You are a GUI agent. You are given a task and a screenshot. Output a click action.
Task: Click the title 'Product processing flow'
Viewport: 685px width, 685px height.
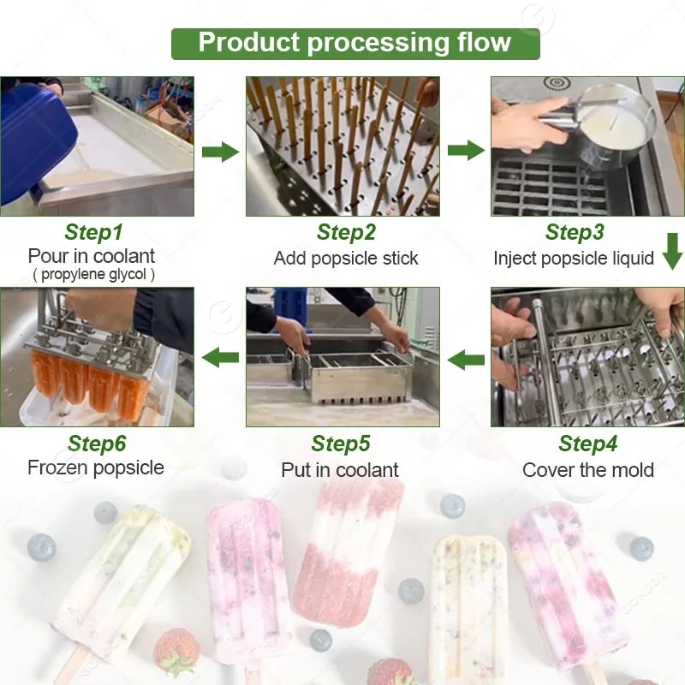click(354, 43)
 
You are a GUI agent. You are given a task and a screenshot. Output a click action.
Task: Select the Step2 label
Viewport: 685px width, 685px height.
click(346, 233)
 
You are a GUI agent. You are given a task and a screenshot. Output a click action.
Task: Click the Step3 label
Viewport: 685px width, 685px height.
click(575, 233)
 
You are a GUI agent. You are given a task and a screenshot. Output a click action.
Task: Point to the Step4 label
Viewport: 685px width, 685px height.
click(587, 444)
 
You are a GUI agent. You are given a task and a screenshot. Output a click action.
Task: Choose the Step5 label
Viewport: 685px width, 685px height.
click(340, 444)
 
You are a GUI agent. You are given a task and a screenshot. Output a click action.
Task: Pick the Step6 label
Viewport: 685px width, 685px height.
click(97, 444)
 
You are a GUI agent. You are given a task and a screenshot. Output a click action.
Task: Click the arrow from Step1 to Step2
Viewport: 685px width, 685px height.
click(220, 152)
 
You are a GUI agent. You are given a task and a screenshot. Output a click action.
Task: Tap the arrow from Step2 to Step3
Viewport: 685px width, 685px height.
click(465, 151)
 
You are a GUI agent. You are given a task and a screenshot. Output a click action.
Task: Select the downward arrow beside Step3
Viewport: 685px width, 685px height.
click(672, 253)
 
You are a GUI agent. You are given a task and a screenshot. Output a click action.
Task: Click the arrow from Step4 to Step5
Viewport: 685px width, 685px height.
click(467, 359)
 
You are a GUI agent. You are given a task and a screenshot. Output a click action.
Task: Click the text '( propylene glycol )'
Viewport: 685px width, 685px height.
click(93, 275)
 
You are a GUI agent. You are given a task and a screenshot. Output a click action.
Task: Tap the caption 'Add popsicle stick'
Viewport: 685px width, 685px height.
click(346, 258)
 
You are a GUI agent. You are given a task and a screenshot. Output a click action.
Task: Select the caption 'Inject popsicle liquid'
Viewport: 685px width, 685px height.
click(574, 258)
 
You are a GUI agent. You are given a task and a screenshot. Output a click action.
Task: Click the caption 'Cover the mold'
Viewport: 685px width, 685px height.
click(587, 469)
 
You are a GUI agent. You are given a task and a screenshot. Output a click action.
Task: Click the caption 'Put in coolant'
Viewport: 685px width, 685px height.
click(340, 469)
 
